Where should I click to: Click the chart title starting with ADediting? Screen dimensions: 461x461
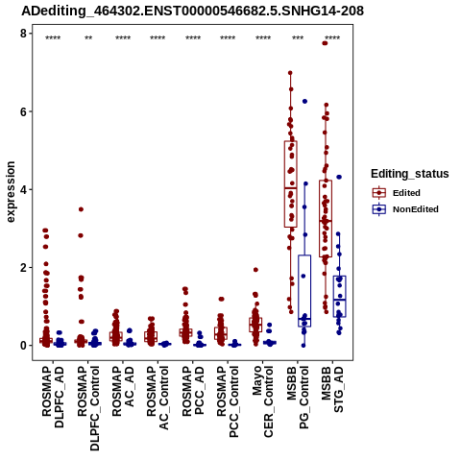click(x=192, y=11)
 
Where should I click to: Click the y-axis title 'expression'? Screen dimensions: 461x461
click(x=11, y=192)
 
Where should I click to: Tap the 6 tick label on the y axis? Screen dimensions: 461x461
click(x=23, y=111)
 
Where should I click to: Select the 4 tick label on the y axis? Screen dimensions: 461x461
click(x=23, y=189)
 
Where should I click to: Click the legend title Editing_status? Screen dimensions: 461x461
click(x=410, y=174)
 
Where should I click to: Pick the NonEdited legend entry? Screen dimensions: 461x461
click(x=405, y=209)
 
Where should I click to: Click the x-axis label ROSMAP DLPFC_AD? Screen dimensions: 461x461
click(x=53, y=398)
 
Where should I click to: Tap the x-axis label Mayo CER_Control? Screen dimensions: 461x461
click(x=262, y=401)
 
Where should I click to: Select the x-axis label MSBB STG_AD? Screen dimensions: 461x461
click(x=332, y=390)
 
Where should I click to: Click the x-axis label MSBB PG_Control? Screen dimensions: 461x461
click(x=298, y=398)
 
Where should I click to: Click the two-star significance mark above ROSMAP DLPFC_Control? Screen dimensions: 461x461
click(x=88, y=38)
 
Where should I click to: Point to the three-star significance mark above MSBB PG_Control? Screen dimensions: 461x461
click(x=298, y=38)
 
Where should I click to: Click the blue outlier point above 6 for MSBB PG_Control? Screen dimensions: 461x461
click(x=304, y=101)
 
